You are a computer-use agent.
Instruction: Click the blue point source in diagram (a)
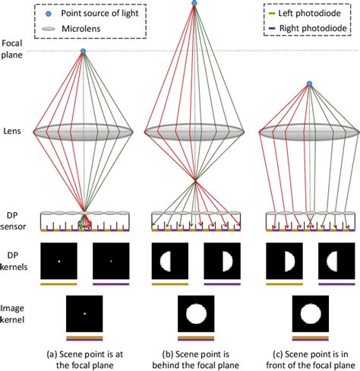tap(84, 51)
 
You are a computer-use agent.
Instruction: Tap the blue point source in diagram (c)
tap(308, 84)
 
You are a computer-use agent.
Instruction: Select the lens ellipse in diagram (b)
tap(195, 131)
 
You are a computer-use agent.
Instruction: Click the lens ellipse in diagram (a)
tap(84, 132)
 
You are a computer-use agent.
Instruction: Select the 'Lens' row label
tap(11, 132)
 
